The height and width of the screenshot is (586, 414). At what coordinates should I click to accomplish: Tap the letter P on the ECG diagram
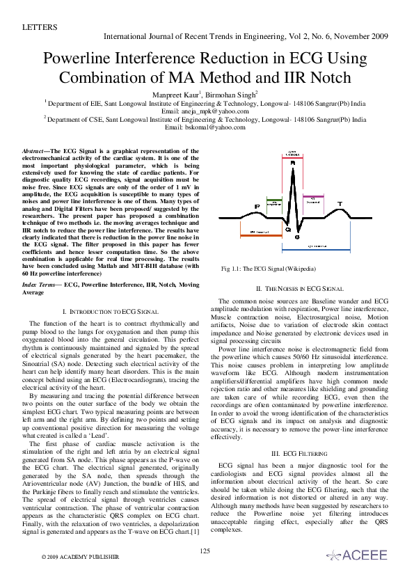point(257,207)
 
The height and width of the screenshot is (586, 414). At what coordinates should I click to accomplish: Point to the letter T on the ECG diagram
point(340,204)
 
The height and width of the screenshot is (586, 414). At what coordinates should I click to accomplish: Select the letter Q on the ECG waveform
point(288,228)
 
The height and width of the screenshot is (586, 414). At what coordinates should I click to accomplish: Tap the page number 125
point(205,551)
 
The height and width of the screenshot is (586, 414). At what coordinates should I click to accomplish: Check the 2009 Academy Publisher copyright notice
point(80,557)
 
